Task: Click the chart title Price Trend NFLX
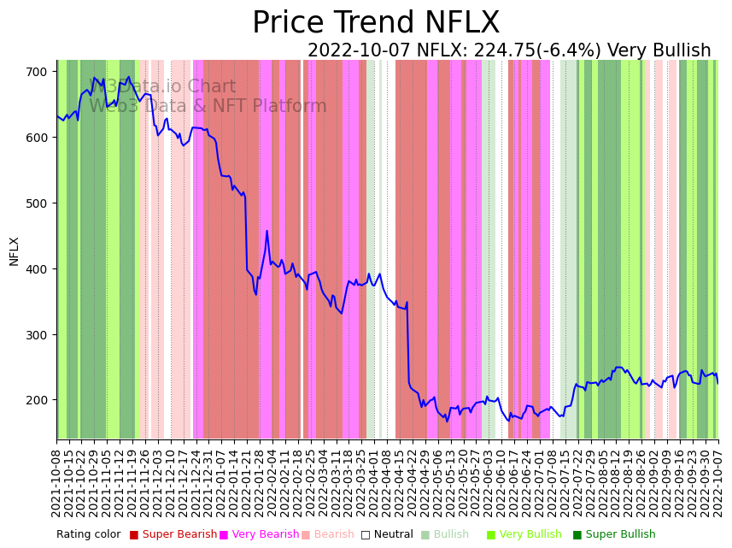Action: (x=376, y=23)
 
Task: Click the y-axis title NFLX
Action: (x=15, y=251)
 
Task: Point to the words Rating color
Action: (x=89, y=535)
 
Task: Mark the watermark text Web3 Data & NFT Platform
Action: (x=208, y=107)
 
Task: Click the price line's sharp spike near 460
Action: (x=266, y=232)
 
